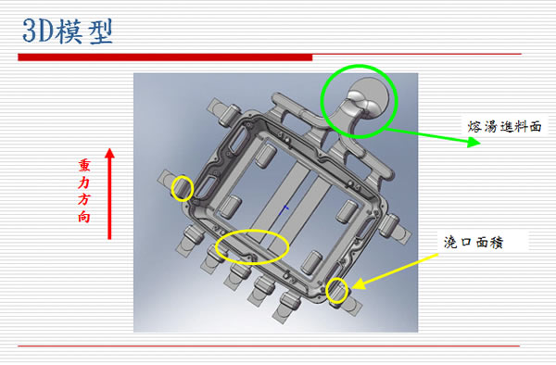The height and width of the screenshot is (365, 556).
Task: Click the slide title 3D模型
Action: point(68,31)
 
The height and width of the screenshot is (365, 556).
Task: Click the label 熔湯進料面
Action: point(504,127)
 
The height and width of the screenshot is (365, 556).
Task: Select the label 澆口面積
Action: point(474,243)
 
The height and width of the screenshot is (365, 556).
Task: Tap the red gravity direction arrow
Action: point(109,194)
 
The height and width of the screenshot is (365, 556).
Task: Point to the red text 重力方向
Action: point(84,191)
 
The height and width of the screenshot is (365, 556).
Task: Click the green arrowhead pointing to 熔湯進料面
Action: point(474,143)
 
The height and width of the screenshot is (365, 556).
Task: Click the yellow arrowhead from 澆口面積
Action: point(359,283)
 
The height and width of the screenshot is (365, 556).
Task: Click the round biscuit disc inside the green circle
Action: point(370,96)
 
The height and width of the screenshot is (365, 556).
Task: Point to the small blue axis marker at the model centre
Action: point(284,209)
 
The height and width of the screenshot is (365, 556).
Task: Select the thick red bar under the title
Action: point(165,57)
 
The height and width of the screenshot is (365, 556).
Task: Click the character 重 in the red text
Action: point(84,166)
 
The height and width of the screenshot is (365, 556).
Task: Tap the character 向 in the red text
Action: point(84,217)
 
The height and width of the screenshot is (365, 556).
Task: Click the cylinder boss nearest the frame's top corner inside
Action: point(266,156)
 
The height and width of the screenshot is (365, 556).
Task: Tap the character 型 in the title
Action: point(101,31)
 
